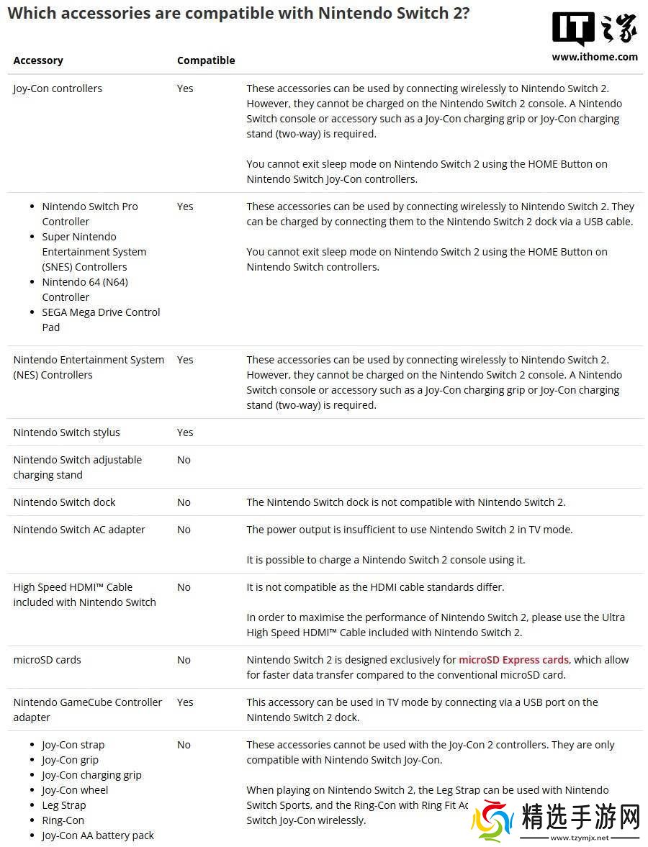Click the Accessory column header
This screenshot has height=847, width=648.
point(38,60)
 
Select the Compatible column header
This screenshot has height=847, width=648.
point(206,60)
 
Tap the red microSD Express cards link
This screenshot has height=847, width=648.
point(513,659)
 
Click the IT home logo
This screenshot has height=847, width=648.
point(594,29)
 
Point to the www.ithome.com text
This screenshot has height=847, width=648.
point(595,57)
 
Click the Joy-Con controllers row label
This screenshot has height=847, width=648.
point(58,89)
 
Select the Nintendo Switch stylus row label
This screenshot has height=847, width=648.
point(66,432)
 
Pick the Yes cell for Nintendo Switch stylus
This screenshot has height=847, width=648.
point(185,432)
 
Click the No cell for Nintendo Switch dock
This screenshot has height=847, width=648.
point(184,502)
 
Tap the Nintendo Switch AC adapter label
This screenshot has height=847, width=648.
point(79,530)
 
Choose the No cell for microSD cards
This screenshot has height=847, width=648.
point(184,660)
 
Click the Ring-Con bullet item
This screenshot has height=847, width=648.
point(63,820)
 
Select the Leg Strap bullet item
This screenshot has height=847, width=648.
point(63,805)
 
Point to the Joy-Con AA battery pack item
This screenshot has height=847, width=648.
point(98,835)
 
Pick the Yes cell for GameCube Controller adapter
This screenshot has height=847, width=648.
point(185,702)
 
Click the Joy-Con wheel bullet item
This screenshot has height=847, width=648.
point(75,790)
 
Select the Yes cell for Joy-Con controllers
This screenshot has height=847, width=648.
point(185,89)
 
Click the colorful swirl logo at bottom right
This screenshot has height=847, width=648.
point(492,821)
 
